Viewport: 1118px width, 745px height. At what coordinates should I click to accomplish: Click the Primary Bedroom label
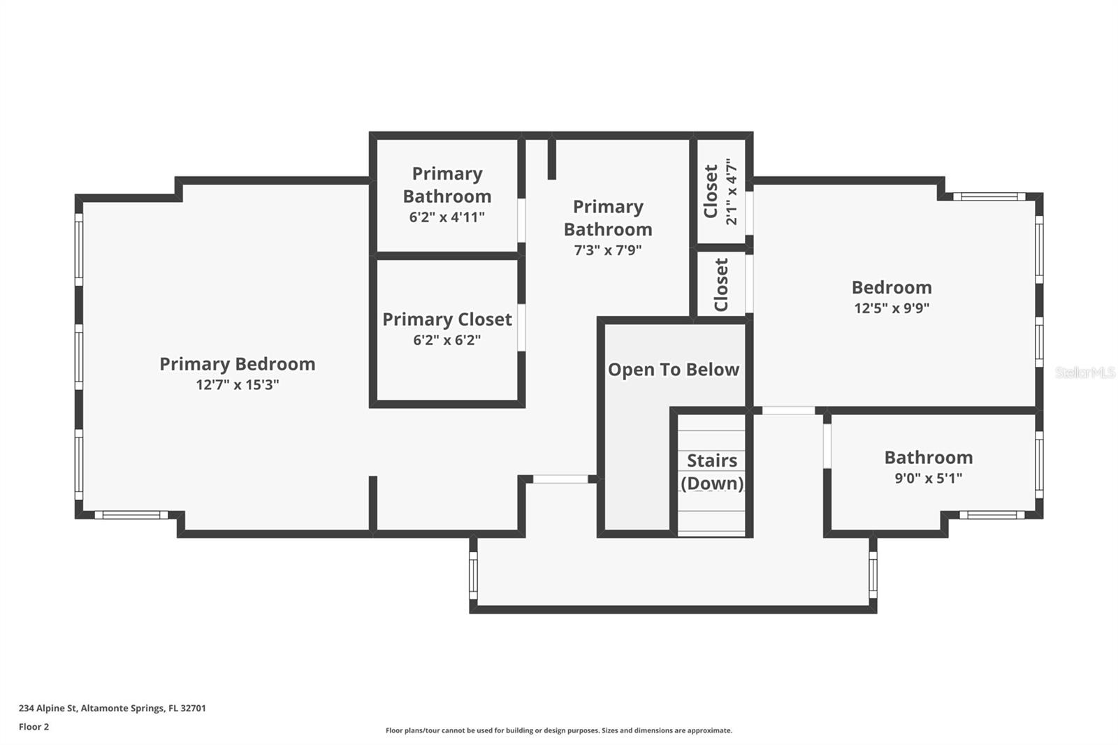pyautogui.click(x=238, y=364)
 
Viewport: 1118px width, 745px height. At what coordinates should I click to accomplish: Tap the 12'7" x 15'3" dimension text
pyautogui.click(x=238, y=385)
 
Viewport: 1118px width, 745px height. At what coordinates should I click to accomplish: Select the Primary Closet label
pyautogui.click(x=447, y=319)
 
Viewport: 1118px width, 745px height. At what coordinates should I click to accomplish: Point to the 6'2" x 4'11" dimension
pyautogui.click(x=447, y=217)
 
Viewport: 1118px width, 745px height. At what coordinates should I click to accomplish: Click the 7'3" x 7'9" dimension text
pyautogui.click(x=608, y=249)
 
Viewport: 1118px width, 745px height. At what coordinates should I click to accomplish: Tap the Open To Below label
pyautogui.click(x=674, y=370)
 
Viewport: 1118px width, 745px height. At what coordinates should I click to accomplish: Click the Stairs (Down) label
pyautogui.click(x=712, y=472)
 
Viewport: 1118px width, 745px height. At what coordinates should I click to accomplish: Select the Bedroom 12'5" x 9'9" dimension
pyautogui.click(x=892, y=308)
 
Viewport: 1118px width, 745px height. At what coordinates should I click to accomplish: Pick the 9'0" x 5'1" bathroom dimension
pyautogui.click(x=929, y=478)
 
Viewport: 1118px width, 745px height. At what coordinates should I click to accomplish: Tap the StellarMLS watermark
pyautogui.click(x=1086, y=372)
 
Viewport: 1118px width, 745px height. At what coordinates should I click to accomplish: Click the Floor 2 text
pyautogui.click(x=34, y=727)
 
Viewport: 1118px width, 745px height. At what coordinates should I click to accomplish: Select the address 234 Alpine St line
pyautogui.click(x=112, y=708)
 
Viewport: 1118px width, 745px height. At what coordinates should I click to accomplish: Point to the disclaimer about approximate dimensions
pyautogui.click(x=559, y=730)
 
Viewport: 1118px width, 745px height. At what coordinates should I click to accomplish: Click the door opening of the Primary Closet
pyautogui.click(x=521, y=327)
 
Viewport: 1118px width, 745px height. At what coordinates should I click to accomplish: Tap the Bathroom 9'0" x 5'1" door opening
pyautogui.click(x=827, y=446)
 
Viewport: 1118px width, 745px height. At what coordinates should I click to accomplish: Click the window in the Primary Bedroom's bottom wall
pyautogui.click(x=132, y=515)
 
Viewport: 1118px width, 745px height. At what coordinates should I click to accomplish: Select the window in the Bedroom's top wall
pyautogui.click(x=989, y=197)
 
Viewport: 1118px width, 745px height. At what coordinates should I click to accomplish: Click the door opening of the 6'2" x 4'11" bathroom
pyautogui.click(x=521, y=221)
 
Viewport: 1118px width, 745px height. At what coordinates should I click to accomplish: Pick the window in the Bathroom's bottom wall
pyautogui.click(x=992, y=515)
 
